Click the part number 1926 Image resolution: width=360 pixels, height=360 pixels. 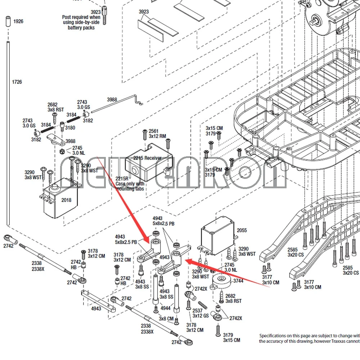(x=18, y=22)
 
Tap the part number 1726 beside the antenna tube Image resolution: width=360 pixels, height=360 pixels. (x=17, y=82)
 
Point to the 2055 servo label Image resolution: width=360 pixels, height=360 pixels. (x=242, y=230)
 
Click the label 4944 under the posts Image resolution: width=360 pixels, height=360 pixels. (x=166, y=309)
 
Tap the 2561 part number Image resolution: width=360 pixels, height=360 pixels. (x=153, y=131)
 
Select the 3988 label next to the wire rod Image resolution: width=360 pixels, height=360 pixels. (x=112, y=100)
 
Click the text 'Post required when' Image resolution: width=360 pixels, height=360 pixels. (x=81, y=17)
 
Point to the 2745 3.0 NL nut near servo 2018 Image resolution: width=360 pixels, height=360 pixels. (x=62, y=150)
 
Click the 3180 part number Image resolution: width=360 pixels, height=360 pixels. (x=70, y=128)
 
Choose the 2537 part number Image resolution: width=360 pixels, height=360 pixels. (x=197, y=311)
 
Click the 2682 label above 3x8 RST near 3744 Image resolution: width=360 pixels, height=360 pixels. (x=230, y=296)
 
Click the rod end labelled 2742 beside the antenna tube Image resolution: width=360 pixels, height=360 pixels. (x=10, y=238)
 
